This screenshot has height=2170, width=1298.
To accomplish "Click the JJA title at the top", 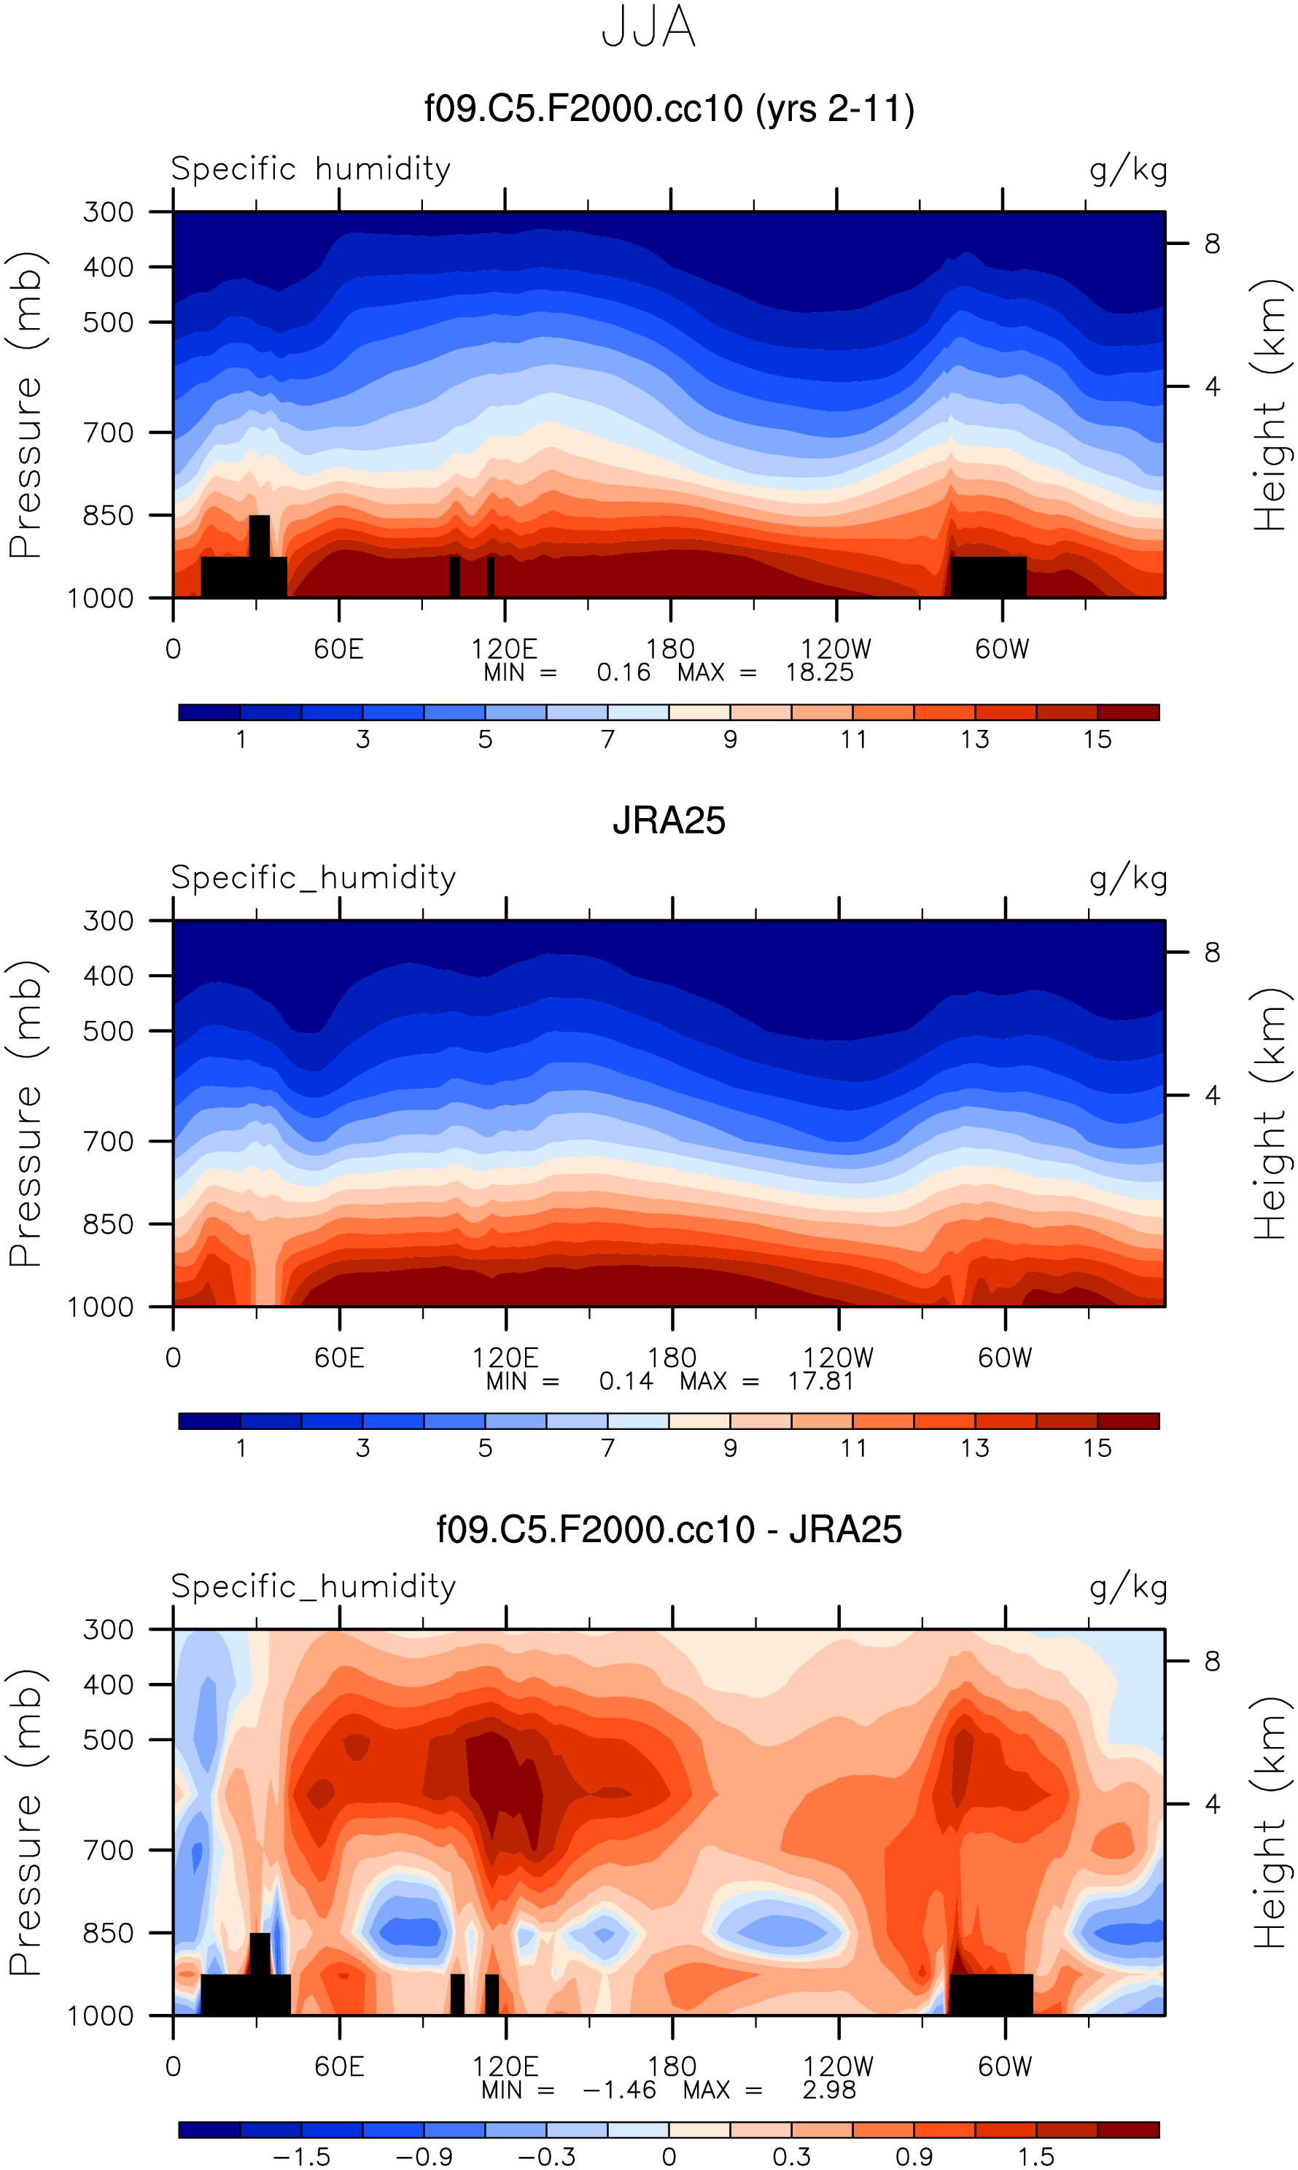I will click(x=648, y=28).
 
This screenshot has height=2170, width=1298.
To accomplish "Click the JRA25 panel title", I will click(x=668, y=821).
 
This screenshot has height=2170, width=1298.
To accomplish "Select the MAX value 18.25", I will click(x=819, y=672).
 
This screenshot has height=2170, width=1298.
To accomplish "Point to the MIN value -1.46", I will click(x=619, y=2090).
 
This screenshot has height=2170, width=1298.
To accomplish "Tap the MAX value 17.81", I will click(x=820, y=1381).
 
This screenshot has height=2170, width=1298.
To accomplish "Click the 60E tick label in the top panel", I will click(x=338, y=649).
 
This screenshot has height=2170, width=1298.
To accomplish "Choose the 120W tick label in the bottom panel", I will click(x=838, y=2066).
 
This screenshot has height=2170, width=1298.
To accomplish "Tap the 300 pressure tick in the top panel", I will click(x=108, y=211).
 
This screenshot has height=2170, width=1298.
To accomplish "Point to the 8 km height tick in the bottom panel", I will click(x=1211, y=1661).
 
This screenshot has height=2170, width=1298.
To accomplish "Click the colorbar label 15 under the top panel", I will click(x=1097, y=740).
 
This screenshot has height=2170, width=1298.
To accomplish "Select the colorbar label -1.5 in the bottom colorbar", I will click(x=302, y=2157).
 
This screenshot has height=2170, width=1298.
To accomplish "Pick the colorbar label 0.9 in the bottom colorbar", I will click(x=914, y=2157).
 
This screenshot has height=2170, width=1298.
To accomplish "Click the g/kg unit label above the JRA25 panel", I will click(x=1128, y=877).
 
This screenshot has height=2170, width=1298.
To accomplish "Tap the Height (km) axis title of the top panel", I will click(x=1271, y=404).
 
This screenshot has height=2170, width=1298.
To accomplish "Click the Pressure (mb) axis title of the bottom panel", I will click(x=26, y=1822).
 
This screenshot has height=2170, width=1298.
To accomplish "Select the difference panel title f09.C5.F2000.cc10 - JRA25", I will click(x=668, y=1530).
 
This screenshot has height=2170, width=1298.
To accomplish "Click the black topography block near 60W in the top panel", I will click(x=988, y=576).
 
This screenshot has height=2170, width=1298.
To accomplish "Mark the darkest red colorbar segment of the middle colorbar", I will click(x=1127, y=1421).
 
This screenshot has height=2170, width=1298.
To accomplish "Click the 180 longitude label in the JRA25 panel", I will click(x=671, y=1358).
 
